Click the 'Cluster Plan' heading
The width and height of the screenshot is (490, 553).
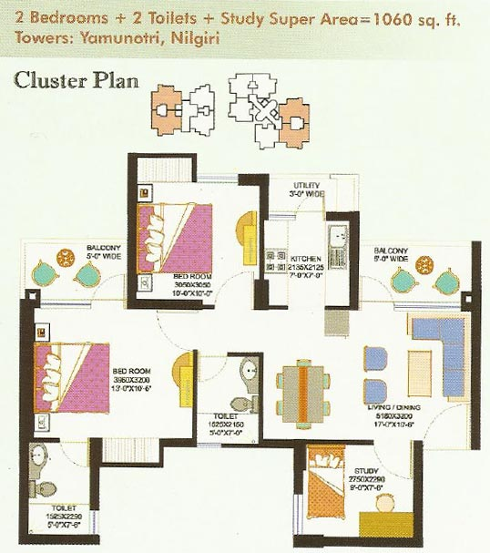(76, 80)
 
